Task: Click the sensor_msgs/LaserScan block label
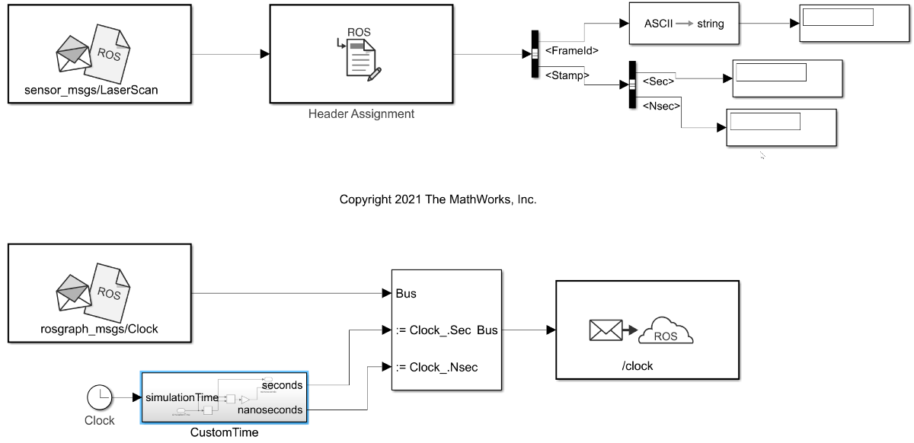[x=97, y=91]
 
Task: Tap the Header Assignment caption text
[x=361, y=114]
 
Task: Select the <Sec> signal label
[x=659, y=80]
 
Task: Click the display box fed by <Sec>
[x=788, y=78]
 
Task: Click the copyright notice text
[x=438, y=200]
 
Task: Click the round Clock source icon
[x=99, y=397]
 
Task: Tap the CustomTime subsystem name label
[x=224, y=432]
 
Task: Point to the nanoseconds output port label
[x=270, y=410]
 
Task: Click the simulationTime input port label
[x=182, y=397]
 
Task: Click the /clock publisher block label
[x=638, y=365]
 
